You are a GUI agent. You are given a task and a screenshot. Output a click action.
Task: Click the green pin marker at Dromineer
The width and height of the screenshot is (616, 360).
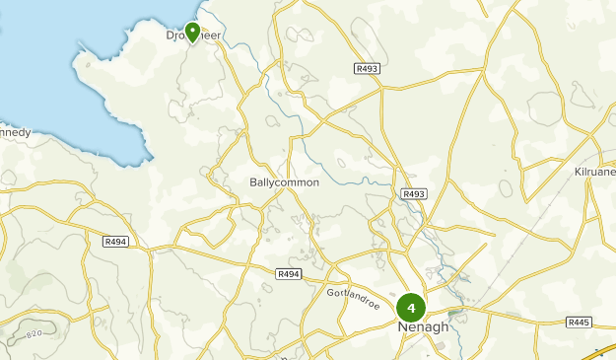point(192,33)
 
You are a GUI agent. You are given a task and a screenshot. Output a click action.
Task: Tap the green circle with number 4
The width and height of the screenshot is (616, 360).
point(411,308)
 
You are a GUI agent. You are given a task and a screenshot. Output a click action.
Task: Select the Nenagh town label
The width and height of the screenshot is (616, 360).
point(422,327)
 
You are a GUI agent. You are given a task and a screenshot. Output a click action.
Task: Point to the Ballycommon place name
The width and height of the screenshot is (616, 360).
point(284,183)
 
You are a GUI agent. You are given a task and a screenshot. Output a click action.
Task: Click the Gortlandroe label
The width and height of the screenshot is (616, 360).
point(354,293)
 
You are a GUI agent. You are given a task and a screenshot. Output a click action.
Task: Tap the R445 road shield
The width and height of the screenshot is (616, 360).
point(580,323)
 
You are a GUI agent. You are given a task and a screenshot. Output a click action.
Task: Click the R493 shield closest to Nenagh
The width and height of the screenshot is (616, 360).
point(414,194)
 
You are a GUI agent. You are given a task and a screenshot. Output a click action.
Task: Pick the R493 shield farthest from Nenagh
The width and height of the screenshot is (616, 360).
point(367,68)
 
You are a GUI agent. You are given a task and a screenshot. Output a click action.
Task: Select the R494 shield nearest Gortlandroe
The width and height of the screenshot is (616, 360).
point(289,273)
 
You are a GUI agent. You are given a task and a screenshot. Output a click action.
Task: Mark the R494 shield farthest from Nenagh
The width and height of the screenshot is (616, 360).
point(115,241)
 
